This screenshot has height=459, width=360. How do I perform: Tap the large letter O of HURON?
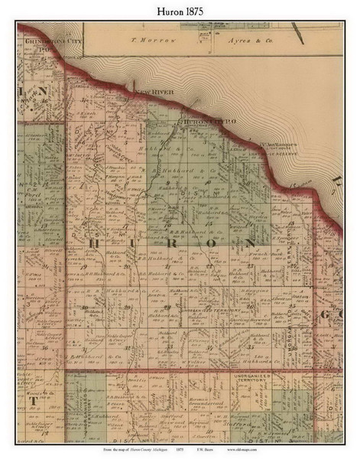click(212, 243)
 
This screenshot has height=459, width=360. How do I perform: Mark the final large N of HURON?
click(249, 243)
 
